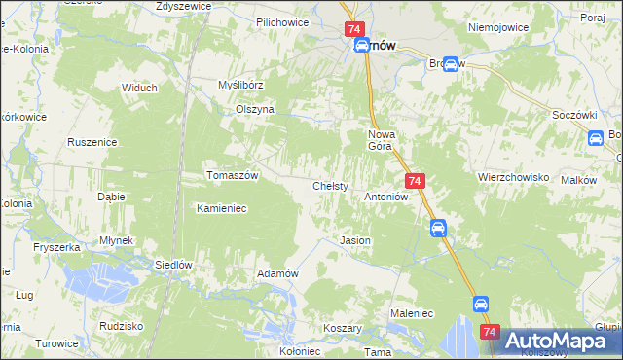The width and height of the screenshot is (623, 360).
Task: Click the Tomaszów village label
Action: pyautogui.click(x=232, y=175)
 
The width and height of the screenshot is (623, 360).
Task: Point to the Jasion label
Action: pyautogui.click(x=354, y=239)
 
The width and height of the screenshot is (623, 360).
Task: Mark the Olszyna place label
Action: pyautogui.click(x=255, y=110)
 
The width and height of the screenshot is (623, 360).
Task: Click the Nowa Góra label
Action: pyautogui.click(x=379, y=140)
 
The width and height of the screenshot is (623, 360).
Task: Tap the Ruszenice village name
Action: pyautogui.click(x=92, y=142)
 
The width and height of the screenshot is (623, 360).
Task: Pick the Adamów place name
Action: pyautogui.click(x=276, y=273)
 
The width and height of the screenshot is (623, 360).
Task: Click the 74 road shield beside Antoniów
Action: pyautogui.click(x=415, y=182)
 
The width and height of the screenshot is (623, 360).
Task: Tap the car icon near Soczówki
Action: pyautogui.click(x=595, y=139)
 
